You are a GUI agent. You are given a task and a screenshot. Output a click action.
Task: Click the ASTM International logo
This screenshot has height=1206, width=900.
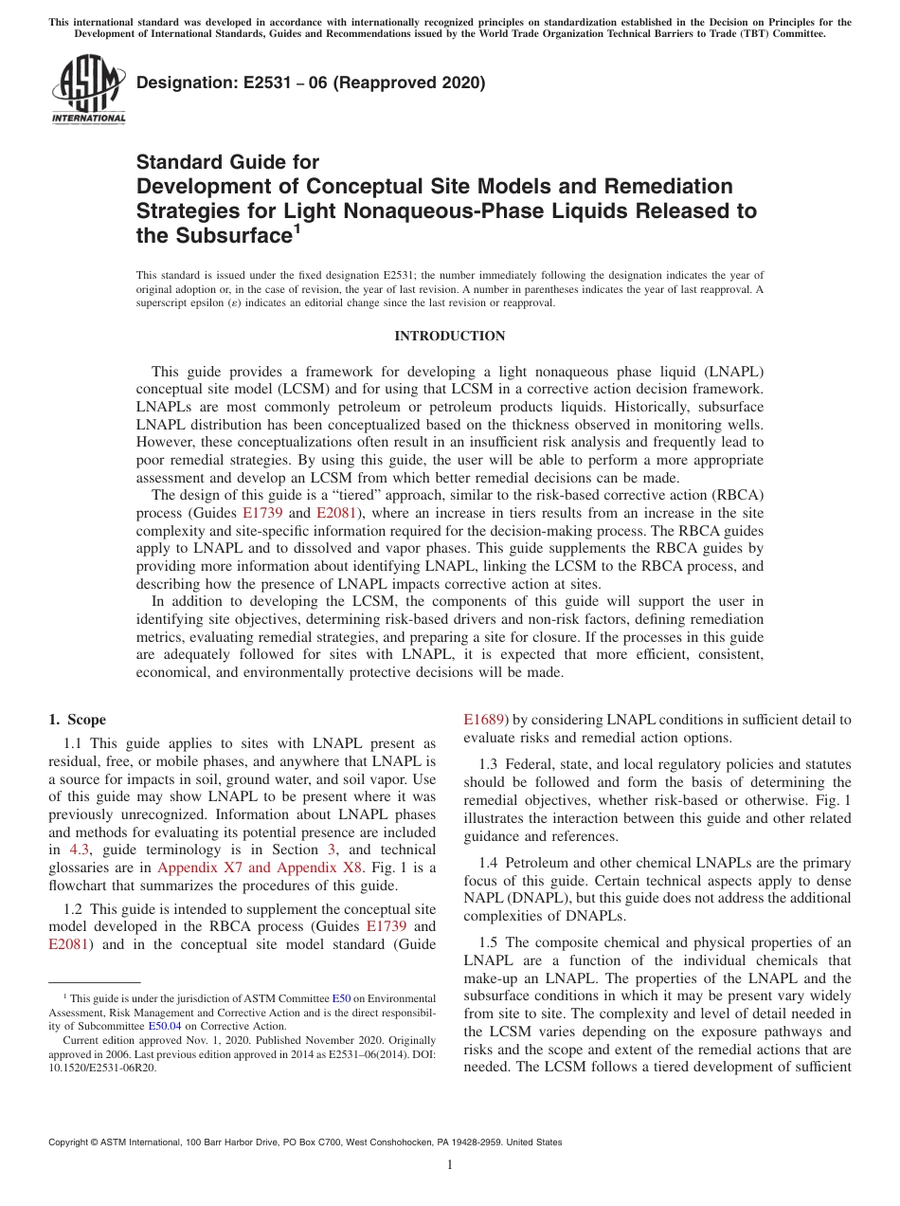(x=87, y=89)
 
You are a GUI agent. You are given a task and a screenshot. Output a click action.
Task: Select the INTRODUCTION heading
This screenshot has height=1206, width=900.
(x=449, y=336)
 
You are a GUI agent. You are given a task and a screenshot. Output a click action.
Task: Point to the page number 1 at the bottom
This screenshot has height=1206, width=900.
(x=450, y=1164)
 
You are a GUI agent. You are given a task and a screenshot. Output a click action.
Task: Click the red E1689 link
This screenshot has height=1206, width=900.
(x=484, y=720)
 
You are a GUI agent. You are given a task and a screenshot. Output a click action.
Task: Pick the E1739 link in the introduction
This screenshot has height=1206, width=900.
(x=262, y=513)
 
